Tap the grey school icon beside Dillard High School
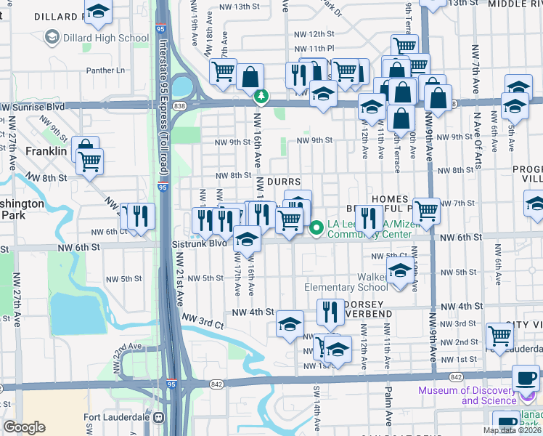pos(52,36)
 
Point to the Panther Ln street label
pos(106,70)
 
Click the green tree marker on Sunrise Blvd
pos(261,95)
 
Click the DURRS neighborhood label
pos(284,181)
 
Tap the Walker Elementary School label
pos(351,282)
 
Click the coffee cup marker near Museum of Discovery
pos(526,378)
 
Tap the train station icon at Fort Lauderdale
pos(156,417)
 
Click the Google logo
pos(24,427)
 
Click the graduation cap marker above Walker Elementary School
pos(399,271)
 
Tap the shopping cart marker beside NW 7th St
pos(426,210)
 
